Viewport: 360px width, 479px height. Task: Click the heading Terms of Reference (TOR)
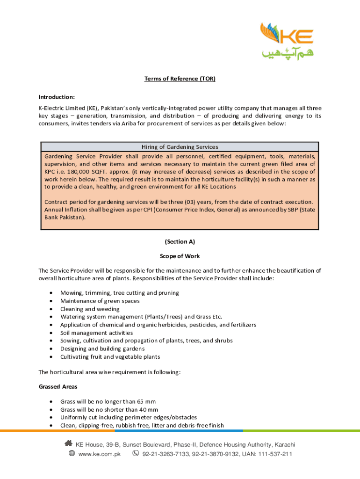point(180,79)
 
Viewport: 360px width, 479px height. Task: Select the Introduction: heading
point(57,97)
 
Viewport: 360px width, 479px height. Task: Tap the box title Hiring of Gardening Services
point(180,147)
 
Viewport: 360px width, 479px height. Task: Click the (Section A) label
point(180,242)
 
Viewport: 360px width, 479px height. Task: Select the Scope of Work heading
point(180,256)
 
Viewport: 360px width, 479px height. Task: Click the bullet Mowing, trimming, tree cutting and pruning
point(119,293)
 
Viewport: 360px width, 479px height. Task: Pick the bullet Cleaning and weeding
point(90,309)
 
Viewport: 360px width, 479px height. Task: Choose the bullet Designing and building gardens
point(102,348)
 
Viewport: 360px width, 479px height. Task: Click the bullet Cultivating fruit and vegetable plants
point(110,357)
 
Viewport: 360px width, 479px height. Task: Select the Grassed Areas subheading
point(58,387)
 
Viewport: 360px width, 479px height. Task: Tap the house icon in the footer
point(68,444)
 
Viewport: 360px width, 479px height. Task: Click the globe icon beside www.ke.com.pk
point(72,454)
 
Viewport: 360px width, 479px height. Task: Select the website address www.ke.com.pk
point(100,454)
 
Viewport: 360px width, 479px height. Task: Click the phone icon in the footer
point(136,454)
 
